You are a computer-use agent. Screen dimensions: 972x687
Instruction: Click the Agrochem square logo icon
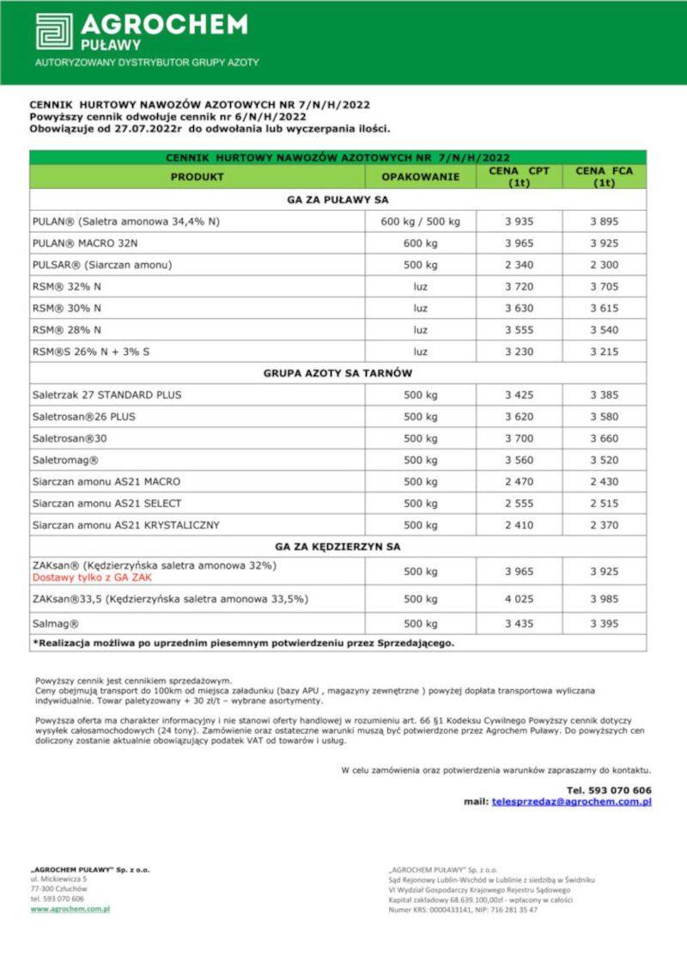(x=54, y=31)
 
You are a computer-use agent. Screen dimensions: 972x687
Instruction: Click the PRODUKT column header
(x=197, y=176)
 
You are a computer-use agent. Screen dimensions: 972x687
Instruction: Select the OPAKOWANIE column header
(x=420, y=176)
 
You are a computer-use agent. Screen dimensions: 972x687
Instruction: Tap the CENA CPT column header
(x=519, y=176)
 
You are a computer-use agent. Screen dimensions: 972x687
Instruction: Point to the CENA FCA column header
(x=604, y=176)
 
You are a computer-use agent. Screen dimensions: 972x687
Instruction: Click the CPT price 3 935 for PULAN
(x=519, y=221)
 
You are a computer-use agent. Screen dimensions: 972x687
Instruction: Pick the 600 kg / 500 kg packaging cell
(x=420, y=221)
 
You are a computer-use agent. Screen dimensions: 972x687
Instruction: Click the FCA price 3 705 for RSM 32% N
(x=604, y=286)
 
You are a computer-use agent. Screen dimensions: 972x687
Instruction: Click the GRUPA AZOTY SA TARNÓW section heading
(x=337, y=373)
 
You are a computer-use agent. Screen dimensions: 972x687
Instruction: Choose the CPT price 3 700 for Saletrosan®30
(x=519, y=438)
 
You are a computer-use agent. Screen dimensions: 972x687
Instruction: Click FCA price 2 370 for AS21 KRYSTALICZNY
(x=604, y=524)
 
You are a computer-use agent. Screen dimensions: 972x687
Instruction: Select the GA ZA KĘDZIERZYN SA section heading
(x=337, y=546)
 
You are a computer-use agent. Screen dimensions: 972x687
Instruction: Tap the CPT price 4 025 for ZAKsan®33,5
(x=519, y=599)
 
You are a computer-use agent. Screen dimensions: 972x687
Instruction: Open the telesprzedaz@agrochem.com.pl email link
(x=571, y=801)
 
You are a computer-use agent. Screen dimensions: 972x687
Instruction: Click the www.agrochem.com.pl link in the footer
(x=70, y=908)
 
